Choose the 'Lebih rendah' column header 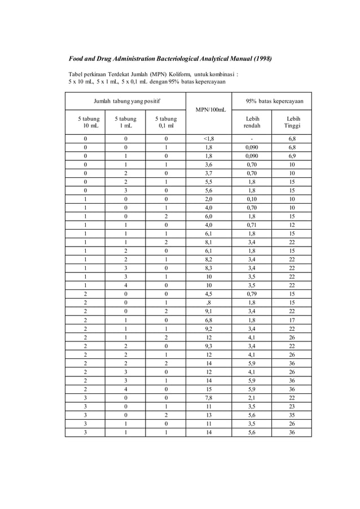252,122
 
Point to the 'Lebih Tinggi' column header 292,122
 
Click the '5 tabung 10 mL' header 86,122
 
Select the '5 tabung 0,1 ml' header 166,122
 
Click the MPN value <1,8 208,138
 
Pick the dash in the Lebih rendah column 252,138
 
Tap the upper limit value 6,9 292,155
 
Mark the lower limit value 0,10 252,199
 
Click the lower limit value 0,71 252,224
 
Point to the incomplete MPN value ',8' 208,302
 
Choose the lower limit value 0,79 252,293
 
